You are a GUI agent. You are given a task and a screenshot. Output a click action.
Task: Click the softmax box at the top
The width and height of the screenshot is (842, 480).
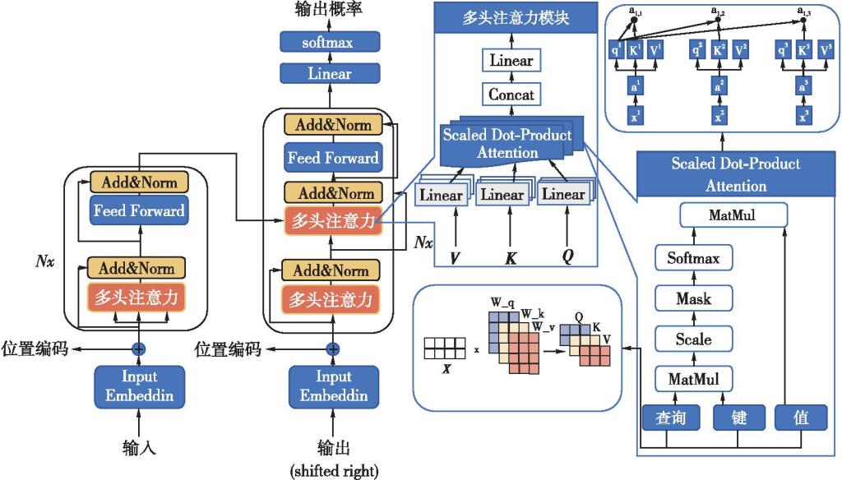point(330,42)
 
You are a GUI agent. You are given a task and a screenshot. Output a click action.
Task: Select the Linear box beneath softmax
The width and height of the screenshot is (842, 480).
point(330,74)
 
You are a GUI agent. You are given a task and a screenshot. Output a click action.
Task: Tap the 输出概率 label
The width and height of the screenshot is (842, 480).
point(328,11)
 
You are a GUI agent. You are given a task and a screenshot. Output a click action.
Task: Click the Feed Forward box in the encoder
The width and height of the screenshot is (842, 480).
point(139,210)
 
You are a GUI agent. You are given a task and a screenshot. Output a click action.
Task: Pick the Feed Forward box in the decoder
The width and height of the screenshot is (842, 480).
point(332,158)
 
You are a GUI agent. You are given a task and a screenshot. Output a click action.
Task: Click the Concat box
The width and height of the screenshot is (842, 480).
point(511,95)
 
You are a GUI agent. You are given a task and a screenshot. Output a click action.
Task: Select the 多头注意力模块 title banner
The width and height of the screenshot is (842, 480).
point(516,17)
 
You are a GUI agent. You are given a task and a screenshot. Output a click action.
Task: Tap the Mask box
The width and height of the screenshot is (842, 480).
point(693,299)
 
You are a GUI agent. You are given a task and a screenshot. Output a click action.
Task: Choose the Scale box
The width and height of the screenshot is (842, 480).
point(693,339)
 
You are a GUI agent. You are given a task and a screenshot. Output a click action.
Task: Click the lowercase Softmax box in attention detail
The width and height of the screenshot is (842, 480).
point(693,259)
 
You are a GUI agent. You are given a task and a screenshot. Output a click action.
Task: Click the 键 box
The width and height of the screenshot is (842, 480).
point(739,418)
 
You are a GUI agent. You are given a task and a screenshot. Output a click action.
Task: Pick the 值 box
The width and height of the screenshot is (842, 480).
point(802,418)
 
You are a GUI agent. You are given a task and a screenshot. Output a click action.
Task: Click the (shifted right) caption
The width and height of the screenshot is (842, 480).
point(333,471)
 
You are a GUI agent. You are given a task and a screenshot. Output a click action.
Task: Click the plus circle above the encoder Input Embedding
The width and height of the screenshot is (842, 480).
point(139,349)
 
